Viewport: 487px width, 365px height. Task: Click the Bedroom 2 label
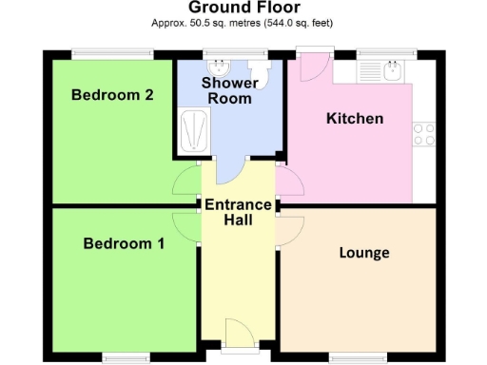click(112, 94)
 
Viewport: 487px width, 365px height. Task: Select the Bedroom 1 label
click(124, 243)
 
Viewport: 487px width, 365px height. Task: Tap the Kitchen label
click(355, 119)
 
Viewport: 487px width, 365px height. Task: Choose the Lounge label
click(364, 253)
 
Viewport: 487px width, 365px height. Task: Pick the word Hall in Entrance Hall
click(238, 221)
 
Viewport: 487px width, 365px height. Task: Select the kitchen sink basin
click(391, 69)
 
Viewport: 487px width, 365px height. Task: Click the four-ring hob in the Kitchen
click(424, 135)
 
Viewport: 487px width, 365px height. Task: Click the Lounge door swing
click(291, 229)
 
